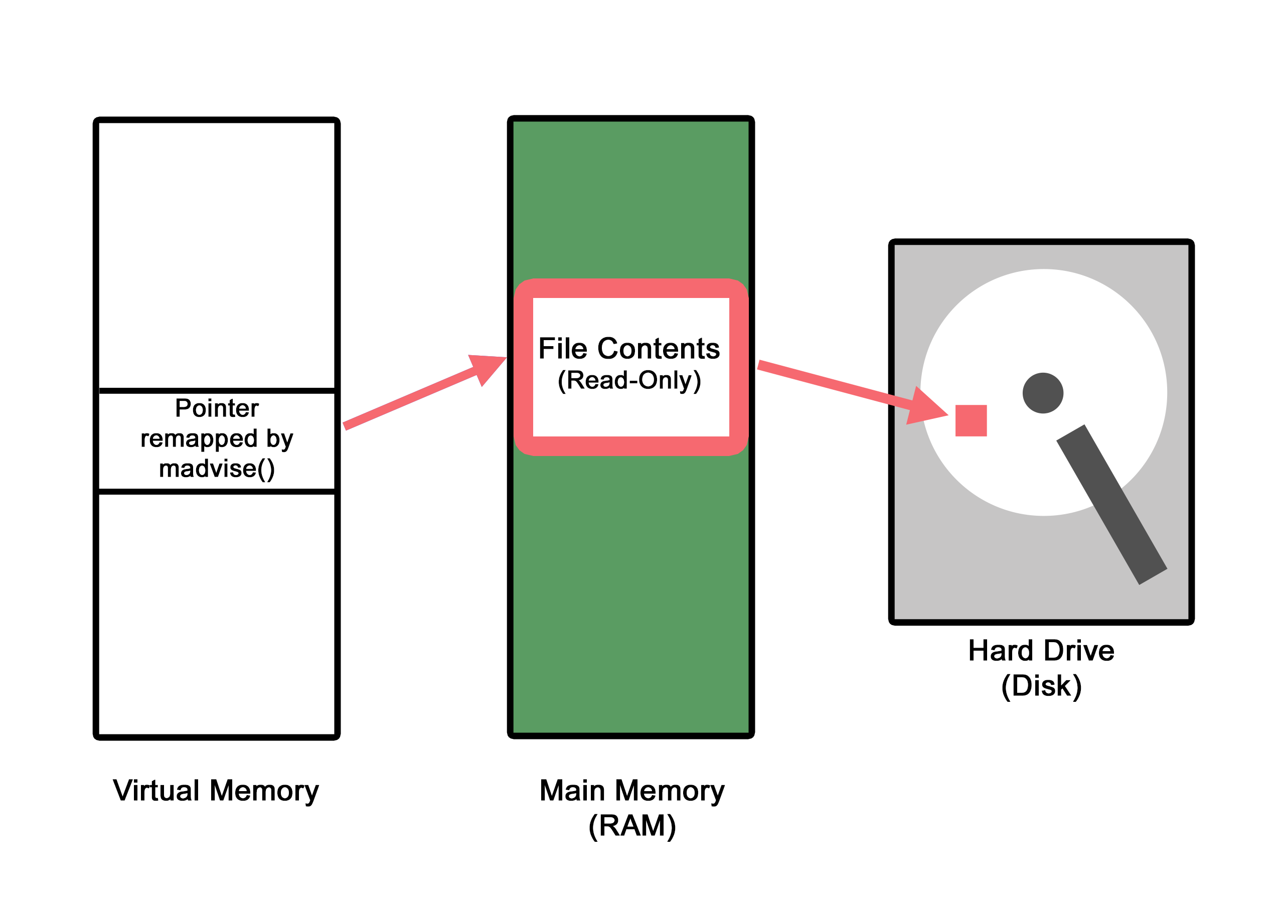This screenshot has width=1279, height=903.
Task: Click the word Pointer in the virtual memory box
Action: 217,408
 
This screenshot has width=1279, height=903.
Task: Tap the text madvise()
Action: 217,469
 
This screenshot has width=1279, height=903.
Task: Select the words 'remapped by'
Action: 217,438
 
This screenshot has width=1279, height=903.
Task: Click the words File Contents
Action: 629,349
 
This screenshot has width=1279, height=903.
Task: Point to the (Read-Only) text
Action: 629,380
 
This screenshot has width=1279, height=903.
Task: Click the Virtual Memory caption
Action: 216,791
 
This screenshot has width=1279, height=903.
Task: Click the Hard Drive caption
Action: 1041,650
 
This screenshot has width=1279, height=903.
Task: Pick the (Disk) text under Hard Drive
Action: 1041,685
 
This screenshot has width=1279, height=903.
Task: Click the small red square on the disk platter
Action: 971,420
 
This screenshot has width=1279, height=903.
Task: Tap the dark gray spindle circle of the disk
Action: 1043,393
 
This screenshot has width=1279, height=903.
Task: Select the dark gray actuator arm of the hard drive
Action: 1111,505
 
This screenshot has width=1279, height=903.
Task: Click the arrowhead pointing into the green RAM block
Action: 488,368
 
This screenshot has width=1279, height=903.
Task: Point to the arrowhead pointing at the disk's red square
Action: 925,407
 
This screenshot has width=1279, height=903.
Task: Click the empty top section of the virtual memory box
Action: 217,253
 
